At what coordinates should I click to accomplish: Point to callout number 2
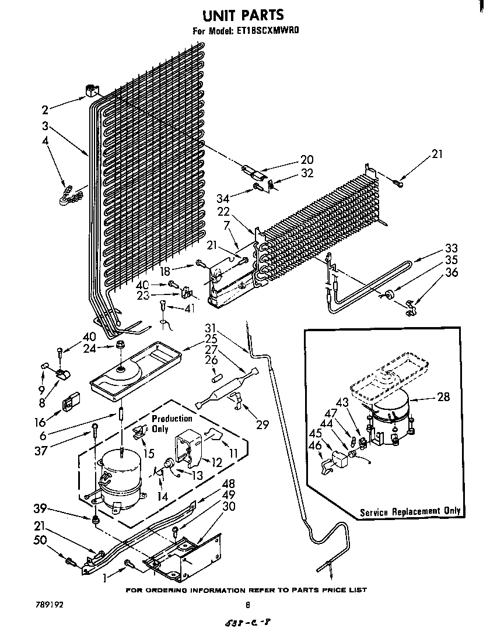(x=45, y=108)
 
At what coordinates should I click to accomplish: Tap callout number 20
(x=307, y=160)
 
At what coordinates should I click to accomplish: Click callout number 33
(x=451, y=248)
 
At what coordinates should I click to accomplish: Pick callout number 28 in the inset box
(x=443, y=397)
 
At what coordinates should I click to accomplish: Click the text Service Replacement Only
(x=409, y=511)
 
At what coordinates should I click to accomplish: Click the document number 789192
(x=48, y=605)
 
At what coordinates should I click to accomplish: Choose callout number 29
(x=262, y=425)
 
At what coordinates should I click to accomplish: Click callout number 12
(x=216, y=462)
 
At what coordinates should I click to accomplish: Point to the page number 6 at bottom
(x=247, y=605)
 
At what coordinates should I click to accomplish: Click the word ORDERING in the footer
(x=176, y=590)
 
